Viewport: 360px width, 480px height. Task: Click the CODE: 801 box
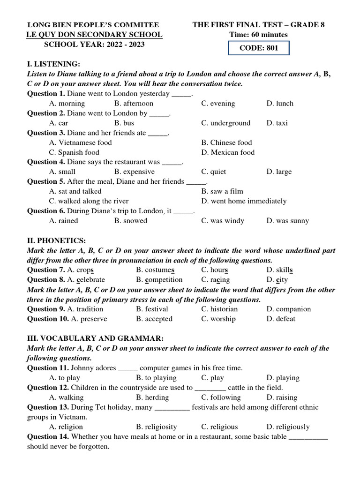tap(259, 48)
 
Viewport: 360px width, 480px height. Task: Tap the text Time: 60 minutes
tap(258, 35)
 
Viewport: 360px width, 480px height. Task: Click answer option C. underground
tap(226, 123)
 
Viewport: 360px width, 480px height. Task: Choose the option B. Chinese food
tap(226, 142)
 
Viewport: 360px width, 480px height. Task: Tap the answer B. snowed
tap(130, 221)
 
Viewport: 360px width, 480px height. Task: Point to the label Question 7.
tap(46, 270)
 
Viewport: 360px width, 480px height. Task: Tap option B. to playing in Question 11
tap(156, 378)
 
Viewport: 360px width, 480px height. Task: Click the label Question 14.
tap(48, 437)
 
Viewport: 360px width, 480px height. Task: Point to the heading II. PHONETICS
tap(56, 240)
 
